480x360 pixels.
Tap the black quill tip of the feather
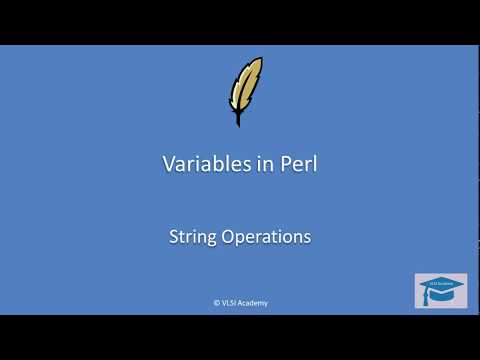(238, 121)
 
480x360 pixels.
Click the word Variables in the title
(200, 165)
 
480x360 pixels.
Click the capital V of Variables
(169, 165)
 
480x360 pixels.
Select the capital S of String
(174, 237)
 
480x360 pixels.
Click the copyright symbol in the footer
(216, 302)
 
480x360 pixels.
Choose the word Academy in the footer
(253, 302)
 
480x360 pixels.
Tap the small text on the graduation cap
(441, 283)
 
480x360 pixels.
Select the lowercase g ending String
(210, 240)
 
